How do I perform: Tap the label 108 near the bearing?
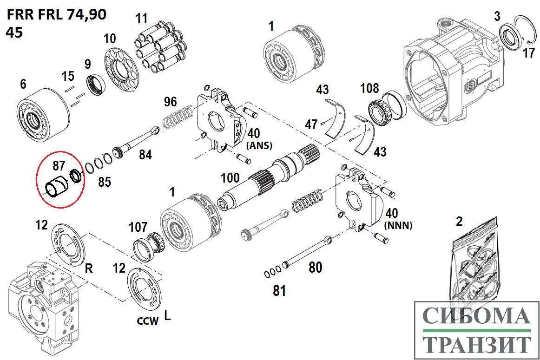[x=369, y=88]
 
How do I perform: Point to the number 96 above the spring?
[x=170, y=101]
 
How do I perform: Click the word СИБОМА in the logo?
[x=476, y=316]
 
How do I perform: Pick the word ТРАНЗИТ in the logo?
[x=476, y=345]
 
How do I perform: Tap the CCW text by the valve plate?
[x=147, y=320]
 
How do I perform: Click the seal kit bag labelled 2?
[x=475, y=265]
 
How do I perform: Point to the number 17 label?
[x=528, y=53]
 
